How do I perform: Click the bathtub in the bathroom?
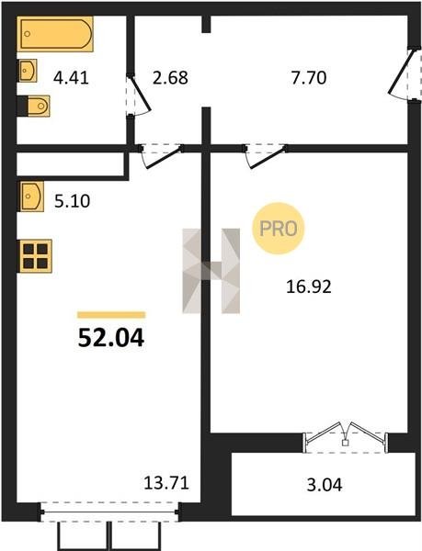55,34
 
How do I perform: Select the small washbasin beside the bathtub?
27,71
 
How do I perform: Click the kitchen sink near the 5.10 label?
31,197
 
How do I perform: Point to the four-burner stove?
35,256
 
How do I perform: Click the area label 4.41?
71,78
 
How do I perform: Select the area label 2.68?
170,78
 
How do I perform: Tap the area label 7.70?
309,78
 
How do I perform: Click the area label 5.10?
72,201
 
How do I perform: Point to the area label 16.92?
308,287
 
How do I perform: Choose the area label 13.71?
166,483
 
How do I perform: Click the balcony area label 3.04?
325,485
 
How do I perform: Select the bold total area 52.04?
111,338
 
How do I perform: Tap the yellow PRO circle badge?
278,229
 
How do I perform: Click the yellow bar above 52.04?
111,315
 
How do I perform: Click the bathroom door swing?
139,95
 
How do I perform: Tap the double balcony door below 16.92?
345,437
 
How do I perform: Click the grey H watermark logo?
211,271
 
